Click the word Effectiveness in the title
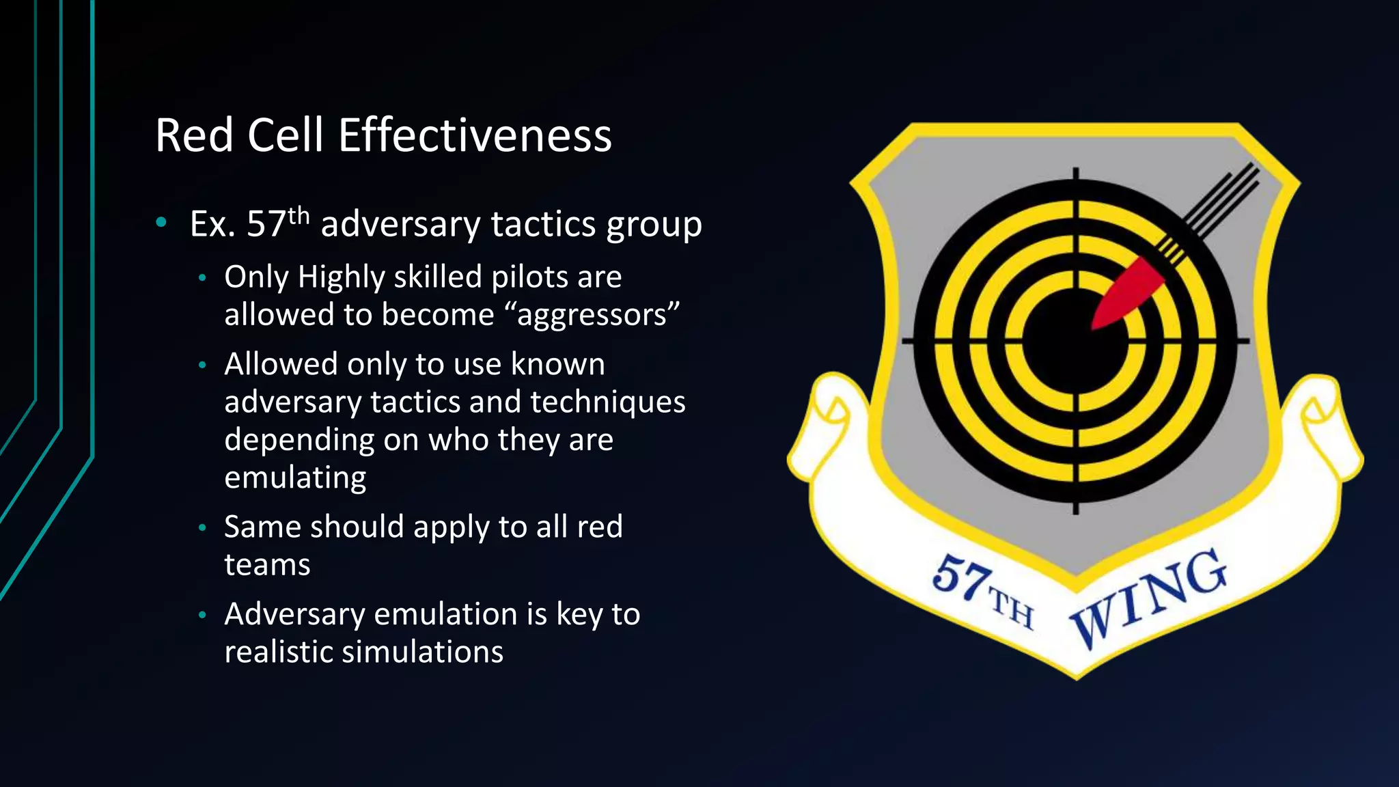click(x=475, y=135)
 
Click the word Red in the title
click(x=195, y=135)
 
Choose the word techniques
click(x=607, y=402)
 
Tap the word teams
click(x=267, y=565)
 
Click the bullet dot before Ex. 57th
click(x=161, y=221)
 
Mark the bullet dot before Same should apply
click(x=202, y=527)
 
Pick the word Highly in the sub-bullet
click(x=342, y=277)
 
